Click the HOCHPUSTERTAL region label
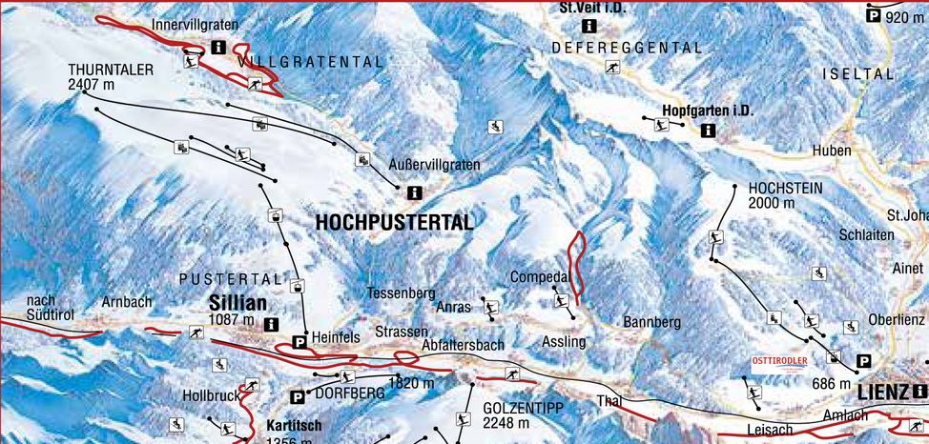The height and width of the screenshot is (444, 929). tap(394, 223)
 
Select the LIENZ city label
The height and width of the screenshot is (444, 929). tap(882, 392)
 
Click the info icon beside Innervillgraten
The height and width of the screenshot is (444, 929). tap(218, 47)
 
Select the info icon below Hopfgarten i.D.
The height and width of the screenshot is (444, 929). tap(708, 131)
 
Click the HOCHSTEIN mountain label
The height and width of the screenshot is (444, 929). tap(785, 189)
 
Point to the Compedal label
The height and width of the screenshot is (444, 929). tap(540, 277)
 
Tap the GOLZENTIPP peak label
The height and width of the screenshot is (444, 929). tap(524, 408)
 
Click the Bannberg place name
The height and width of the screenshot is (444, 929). tap(651, 323)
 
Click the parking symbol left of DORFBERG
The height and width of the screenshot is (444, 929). tap(298, 396)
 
